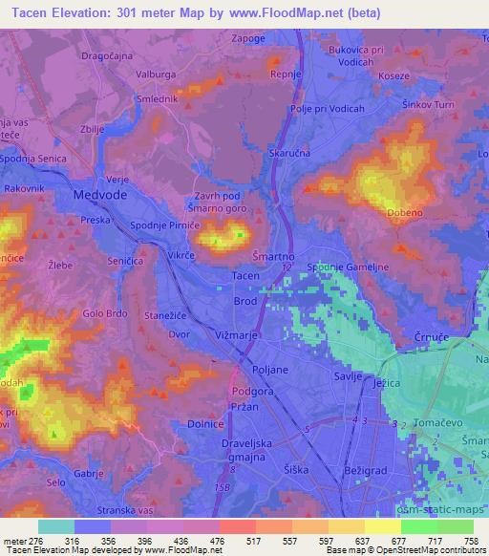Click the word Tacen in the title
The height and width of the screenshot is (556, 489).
coord(32,13)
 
